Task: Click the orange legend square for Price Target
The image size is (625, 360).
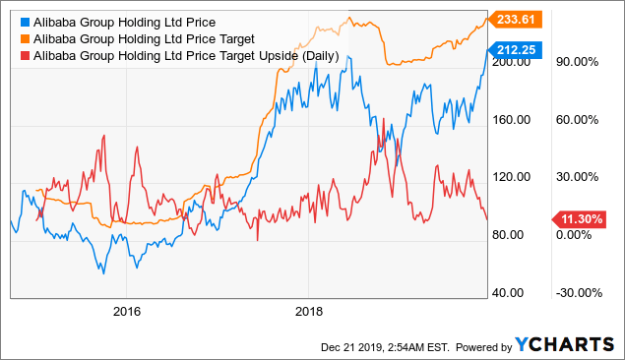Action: tap(22, 38)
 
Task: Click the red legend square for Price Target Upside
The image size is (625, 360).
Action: tap(22, 56)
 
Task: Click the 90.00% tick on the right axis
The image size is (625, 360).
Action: tap(581, 62)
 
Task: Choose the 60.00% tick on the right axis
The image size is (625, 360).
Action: tap(581, 120)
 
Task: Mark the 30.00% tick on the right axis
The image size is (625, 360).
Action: tap(581, 177)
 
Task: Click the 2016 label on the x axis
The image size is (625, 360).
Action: tap(127, 312)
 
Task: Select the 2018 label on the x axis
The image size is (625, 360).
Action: tap(309, 312)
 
